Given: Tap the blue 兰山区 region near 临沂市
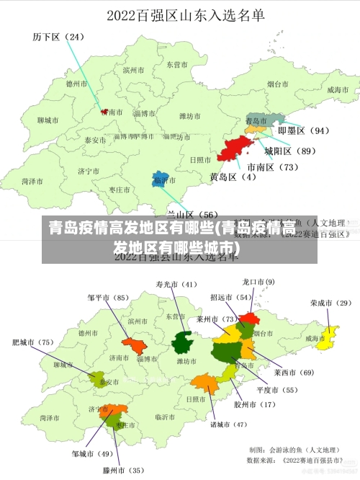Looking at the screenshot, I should [161, 179].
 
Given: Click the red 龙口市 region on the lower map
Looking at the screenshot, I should [248, 317].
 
